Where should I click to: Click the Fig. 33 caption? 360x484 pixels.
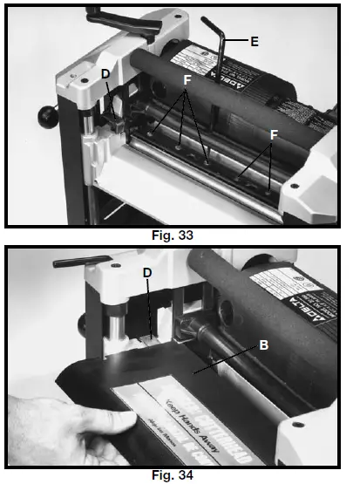(179, 234)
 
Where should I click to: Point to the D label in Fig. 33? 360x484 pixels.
(105, 75)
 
